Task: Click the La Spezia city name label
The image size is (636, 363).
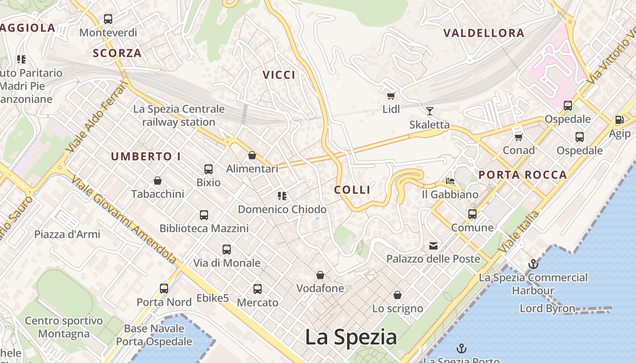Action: (351, 337)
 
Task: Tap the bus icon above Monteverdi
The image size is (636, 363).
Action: (108, 19)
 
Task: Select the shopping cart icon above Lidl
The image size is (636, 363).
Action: (391, 96)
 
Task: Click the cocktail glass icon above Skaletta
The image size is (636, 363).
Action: (429, 111)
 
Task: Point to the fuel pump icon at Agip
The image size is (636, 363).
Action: (619, 120)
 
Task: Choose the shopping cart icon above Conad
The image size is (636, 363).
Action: (518, 137)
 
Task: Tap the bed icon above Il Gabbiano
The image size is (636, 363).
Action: (450, 181)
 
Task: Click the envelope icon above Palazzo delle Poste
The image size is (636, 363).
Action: (433, 246)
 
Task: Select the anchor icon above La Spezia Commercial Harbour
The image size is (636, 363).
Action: (533, 264)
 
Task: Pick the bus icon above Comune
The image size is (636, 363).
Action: (472, 214)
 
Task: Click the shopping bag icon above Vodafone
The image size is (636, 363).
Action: (320, 275)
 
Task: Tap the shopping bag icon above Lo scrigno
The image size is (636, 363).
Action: (397, 295)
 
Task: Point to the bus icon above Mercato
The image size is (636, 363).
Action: (258, 289)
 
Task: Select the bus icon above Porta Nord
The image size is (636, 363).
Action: (164, 288)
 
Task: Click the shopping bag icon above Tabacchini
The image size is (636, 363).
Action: (158, 181)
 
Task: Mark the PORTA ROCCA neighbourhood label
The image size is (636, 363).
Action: (523, 175)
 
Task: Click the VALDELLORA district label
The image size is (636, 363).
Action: (484, 33)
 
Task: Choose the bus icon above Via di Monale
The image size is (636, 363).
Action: (227, 249)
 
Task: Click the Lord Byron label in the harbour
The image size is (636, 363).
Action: (547, 309)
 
